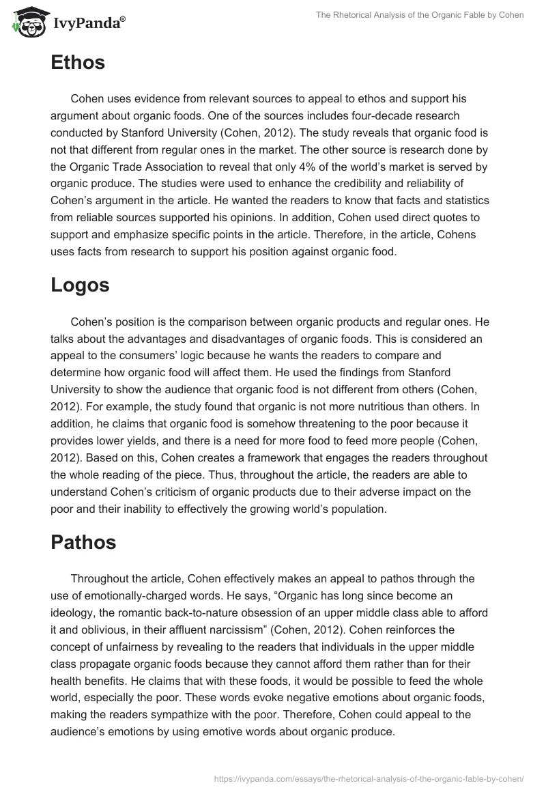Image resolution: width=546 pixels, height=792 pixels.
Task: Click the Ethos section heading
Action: coord(78,63)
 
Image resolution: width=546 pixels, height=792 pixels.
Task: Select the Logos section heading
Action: coord(80,285)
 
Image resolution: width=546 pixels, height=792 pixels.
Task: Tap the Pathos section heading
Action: coord(83,543)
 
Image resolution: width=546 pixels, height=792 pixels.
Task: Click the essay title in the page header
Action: coord(419,14)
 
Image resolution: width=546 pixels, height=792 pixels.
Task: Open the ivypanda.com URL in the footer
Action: coord(369,778)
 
